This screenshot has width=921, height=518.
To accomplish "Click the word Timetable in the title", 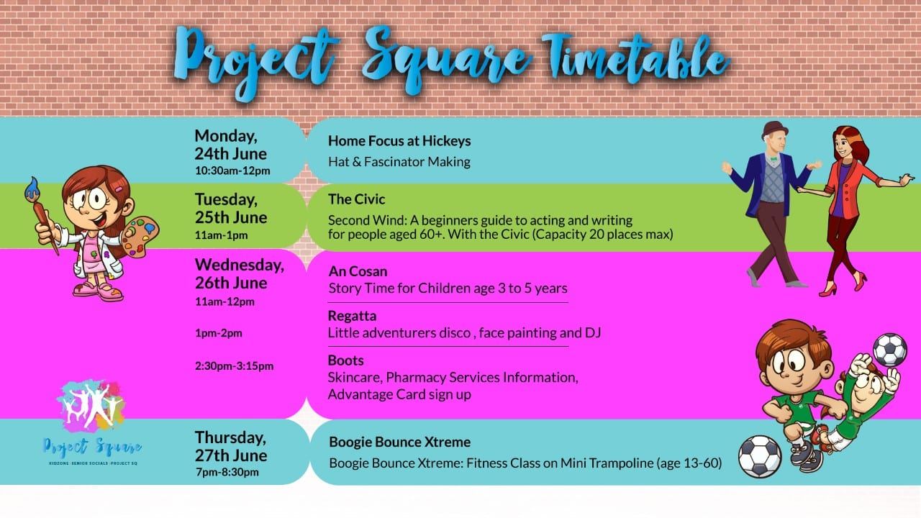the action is tap(635, 58).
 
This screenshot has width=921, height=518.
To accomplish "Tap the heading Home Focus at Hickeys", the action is tap(399, 141).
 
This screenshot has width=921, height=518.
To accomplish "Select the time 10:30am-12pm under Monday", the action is tap(232, 171).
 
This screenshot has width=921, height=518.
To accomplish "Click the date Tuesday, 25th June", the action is tap(231, 209).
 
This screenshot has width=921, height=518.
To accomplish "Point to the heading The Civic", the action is tap(356, 199).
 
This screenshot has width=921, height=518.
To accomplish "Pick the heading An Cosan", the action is tap(358, 271).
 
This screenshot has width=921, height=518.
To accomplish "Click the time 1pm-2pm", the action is tap(219, 333).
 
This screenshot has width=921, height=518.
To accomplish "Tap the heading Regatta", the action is tap(352, 316).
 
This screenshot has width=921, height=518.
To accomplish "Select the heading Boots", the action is tap(346, 360).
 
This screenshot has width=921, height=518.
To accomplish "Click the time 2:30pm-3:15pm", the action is tap(235, 366).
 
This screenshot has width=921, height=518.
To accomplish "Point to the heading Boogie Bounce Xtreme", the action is tap(399, 442).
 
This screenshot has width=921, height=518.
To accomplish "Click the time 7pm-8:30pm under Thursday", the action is tap(227, 472).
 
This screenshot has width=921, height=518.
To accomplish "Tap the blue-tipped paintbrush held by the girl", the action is tap(40, 214).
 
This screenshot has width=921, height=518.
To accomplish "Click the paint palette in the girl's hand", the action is tap(140, 237).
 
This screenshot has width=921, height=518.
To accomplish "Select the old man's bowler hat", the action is tap(775, 129).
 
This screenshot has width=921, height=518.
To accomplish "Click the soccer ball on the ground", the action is tap(760, 457).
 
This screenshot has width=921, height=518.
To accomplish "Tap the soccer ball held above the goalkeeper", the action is tap(890, 350).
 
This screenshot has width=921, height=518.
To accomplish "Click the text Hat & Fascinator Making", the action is tap(399, 162).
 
